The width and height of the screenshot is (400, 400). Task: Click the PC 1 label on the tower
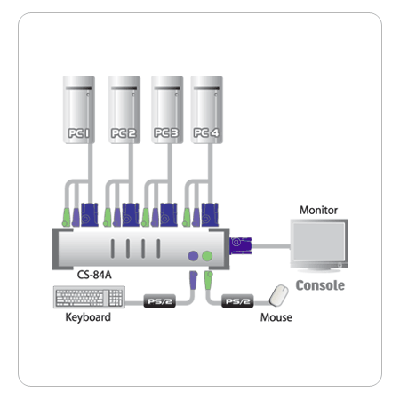point(78,133)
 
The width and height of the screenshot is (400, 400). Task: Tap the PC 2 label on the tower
point(124,133)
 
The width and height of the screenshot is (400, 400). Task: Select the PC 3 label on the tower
point(166,132)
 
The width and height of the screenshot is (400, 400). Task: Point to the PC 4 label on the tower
point(206,132)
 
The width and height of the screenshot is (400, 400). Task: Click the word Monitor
point(318,210)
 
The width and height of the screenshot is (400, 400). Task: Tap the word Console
point(320,285)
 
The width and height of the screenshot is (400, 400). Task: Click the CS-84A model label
point(94,275)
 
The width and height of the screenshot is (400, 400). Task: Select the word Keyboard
point(88,317)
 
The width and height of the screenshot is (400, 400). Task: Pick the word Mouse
point(276,317)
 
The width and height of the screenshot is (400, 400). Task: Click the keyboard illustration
point(89,297)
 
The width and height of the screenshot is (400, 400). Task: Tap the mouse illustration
point(279,295)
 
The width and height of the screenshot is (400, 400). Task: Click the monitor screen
point(319,242)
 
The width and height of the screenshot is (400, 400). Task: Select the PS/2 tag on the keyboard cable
point(160,301)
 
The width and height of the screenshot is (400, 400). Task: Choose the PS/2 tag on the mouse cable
point(237,301)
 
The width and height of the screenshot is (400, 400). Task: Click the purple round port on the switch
point(193,256)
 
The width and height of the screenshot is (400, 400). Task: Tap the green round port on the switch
point(207,256)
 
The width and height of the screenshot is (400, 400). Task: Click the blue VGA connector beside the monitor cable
point(240,245)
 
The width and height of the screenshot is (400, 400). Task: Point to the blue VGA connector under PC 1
point(90,215)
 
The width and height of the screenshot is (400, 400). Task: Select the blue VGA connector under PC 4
point(210,215)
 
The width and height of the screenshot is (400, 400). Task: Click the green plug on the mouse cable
point(209,280)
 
